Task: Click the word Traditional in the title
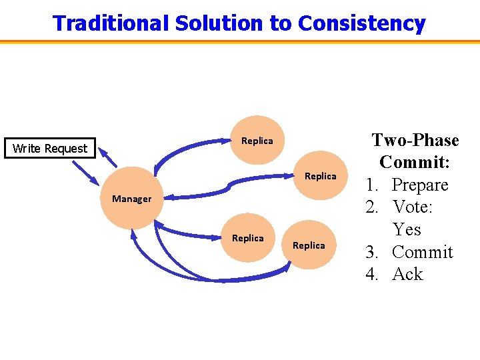coord(111,23)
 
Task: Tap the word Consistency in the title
coord(361,23)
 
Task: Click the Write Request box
coord(50,149)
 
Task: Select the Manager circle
coord(131,199)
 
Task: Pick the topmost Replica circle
coord(257,141)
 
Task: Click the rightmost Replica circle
coord(321,176)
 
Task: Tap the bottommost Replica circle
coord(309,245)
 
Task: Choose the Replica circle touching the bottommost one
coord(247,238)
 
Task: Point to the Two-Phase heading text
coord(415,141)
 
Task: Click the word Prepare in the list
coord(420,185)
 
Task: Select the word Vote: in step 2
coord(413,207)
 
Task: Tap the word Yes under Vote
coord(407,230)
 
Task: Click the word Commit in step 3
coord(422,253)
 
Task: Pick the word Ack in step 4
coord(407,275)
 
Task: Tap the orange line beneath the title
coord(240,41)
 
